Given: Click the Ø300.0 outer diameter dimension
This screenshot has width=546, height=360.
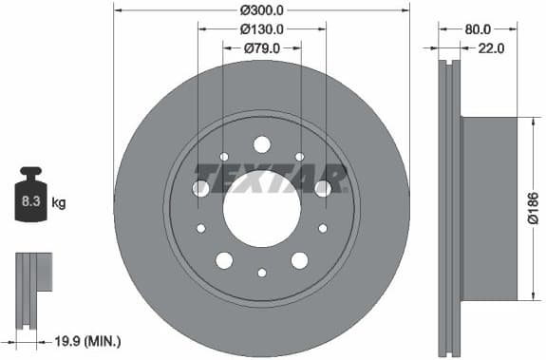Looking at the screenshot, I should [262, 9].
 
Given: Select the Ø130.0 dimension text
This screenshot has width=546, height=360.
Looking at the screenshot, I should [262, 28].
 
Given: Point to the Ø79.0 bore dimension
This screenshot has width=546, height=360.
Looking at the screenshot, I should [262, 47].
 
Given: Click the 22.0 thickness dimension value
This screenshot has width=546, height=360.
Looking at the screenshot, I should [490, 47].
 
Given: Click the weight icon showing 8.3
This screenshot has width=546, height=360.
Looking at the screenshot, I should [31, 198].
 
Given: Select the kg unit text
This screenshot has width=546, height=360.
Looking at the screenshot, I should [59, 202].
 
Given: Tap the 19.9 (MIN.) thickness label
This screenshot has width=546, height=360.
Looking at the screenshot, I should [89, 340].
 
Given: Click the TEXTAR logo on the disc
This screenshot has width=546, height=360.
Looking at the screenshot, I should [271, 177].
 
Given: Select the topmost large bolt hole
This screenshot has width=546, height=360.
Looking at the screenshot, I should [262, 144].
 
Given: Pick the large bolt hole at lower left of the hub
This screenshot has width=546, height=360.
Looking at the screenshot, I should [224, 260].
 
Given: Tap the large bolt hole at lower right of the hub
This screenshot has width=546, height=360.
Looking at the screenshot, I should [300, 260].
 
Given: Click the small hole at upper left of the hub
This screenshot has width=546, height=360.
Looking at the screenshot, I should [224, 157].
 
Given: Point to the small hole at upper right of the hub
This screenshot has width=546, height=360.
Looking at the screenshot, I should [300, 157].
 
